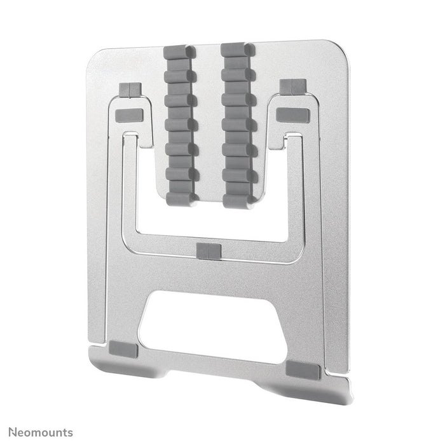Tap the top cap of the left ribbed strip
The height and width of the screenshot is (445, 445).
tap(181, 50)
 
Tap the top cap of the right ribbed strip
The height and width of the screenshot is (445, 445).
tap(238, 49)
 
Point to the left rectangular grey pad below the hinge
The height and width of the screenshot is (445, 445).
tap(130, 116)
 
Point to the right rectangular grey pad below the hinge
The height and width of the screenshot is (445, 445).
tap(292, 115)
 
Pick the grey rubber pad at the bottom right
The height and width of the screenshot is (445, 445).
tap(303, 370)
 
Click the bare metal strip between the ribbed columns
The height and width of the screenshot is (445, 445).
tap(210, 121)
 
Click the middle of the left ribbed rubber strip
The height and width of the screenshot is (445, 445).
tap(181, 124)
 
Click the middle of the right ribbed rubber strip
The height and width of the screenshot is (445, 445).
tap(239, 124)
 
